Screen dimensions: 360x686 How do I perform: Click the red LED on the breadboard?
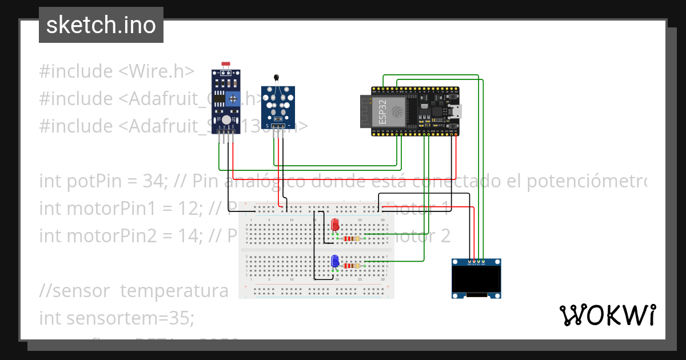coord(336,225)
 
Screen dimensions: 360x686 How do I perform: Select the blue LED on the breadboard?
coord(336,261)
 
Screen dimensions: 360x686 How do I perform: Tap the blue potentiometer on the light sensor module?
coord(233,98)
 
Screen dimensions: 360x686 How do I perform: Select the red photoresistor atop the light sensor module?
coord(225,66)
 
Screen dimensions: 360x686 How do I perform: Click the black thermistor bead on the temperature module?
coord(277,79)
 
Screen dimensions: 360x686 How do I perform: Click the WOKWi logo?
coord(607,315)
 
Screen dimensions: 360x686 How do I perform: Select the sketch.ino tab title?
coord(101,25)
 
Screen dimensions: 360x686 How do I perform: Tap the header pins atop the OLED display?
coord(476,263)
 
